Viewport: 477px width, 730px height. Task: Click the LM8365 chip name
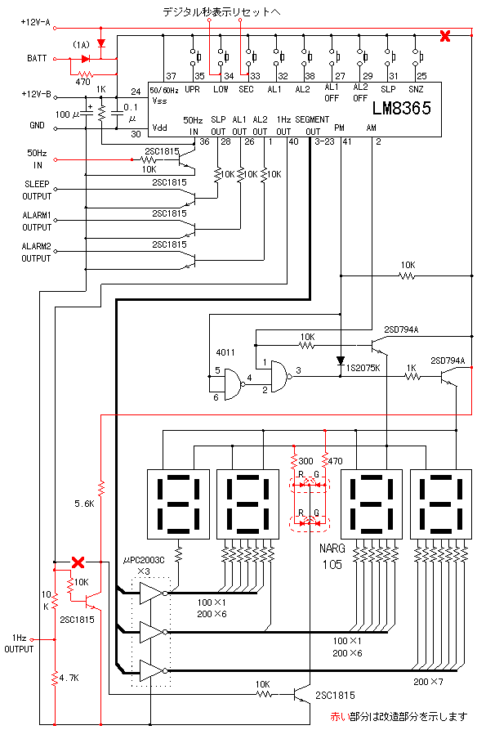(x=402, y=108)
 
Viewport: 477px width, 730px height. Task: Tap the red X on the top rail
(x=445, y=35)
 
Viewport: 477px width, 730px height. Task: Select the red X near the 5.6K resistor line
(x=78, y=562)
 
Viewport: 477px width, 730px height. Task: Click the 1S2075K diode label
(x=363, y=368)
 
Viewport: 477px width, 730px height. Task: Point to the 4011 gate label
(x=225, y=352)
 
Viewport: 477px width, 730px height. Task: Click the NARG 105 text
(x=332, y=557)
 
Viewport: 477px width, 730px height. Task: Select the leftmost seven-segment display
(x=178, y=504)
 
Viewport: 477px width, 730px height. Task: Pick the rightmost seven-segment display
(x=441, y=504)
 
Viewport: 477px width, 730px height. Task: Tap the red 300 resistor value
(x=305, y=461)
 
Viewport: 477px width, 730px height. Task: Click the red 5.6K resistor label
(x=84, y=504)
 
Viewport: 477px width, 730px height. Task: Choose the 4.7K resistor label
(x=69, y=678)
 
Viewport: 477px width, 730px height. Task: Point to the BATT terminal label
(x=37, y=58)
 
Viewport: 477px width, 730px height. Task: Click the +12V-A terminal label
(x=35, y=22)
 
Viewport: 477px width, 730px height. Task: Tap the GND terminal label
(x=38, y=125)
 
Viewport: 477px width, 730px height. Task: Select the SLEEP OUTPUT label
(x=37, y=190)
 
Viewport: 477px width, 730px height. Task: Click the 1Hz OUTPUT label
(x=19, y=643)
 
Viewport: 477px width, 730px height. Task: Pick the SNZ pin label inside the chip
(x=416, y=89)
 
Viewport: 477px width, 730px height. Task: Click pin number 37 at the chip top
(x=171, y=76)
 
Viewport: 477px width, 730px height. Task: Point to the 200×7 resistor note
(x=428, y=682)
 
